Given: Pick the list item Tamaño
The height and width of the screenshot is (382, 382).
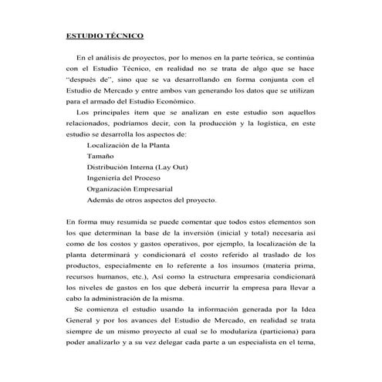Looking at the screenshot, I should (101, 156).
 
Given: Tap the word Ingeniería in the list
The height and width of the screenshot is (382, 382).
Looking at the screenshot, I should (107, 177).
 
